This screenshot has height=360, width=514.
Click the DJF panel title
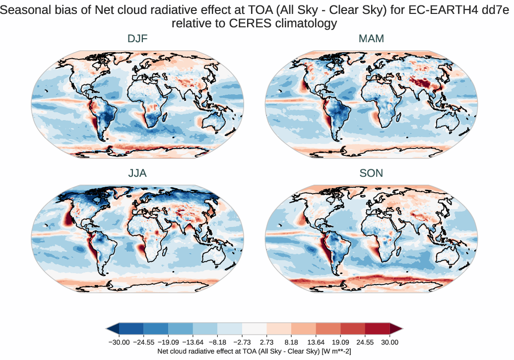(137, 39)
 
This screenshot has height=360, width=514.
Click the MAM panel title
(371, 39)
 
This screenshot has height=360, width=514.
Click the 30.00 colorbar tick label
(389, 342)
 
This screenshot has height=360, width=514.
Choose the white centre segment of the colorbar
(254, 329)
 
